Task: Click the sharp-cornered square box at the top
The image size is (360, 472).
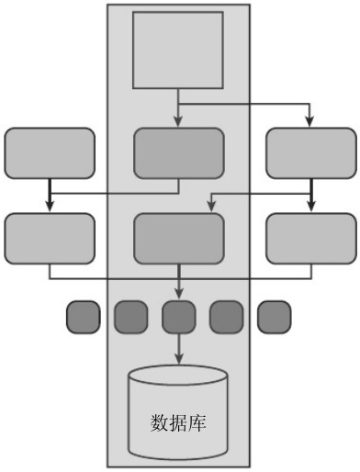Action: (178, 51)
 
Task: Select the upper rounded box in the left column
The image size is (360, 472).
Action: (50, 153)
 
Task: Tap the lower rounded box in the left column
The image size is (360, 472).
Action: (50, 239)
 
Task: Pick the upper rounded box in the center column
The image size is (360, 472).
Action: (179, 153)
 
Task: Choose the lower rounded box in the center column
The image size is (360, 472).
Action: (179, 239)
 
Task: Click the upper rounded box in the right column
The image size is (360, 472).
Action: (311, 153)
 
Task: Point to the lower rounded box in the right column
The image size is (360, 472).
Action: (311, 239)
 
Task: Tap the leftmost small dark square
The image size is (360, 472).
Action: (84, 317)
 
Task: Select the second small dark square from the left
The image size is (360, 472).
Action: (131, 317)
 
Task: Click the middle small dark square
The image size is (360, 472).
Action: (179, 317)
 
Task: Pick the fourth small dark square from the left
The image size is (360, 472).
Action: (227, 317)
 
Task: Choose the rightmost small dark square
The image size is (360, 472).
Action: (275, 317)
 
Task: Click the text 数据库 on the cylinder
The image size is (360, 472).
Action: (178, 423)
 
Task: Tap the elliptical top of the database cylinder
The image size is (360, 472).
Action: (178, 376)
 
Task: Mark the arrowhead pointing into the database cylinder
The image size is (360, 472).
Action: (179, 359)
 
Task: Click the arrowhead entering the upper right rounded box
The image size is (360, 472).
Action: (309, 122)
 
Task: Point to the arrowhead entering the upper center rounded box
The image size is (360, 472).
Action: (178, 122)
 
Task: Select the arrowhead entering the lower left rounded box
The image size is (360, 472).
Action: (50, 207)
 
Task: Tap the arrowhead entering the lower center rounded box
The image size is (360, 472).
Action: (211, 207)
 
